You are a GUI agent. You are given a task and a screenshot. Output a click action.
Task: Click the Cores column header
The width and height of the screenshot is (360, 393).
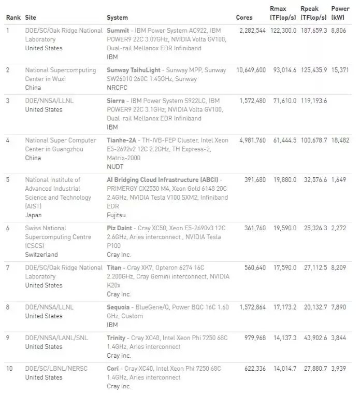tap(244, 18)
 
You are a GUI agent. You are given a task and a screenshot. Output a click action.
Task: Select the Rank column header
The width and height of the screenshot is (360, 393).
tap(13, 18)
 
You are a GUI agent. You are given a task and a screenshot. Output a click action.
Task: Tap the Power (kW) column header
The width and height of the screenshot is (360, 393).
tap(340, 13)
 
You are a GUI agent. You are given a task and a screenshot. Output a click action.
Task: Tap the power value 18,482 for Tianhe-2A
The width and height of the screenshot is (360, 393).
tap(340, 140)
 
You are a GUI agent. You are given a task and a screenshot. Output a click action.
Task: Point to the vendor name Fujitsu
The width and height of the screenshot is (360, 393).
tap(116, 215)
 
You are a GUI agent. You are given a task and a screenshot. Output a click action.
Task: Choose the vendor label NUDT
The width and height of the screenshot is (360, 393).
tap(115, 166)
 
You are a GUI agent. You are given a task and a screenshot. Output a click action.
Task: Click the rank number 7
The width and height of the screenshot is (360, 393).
tap(8, 268)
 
